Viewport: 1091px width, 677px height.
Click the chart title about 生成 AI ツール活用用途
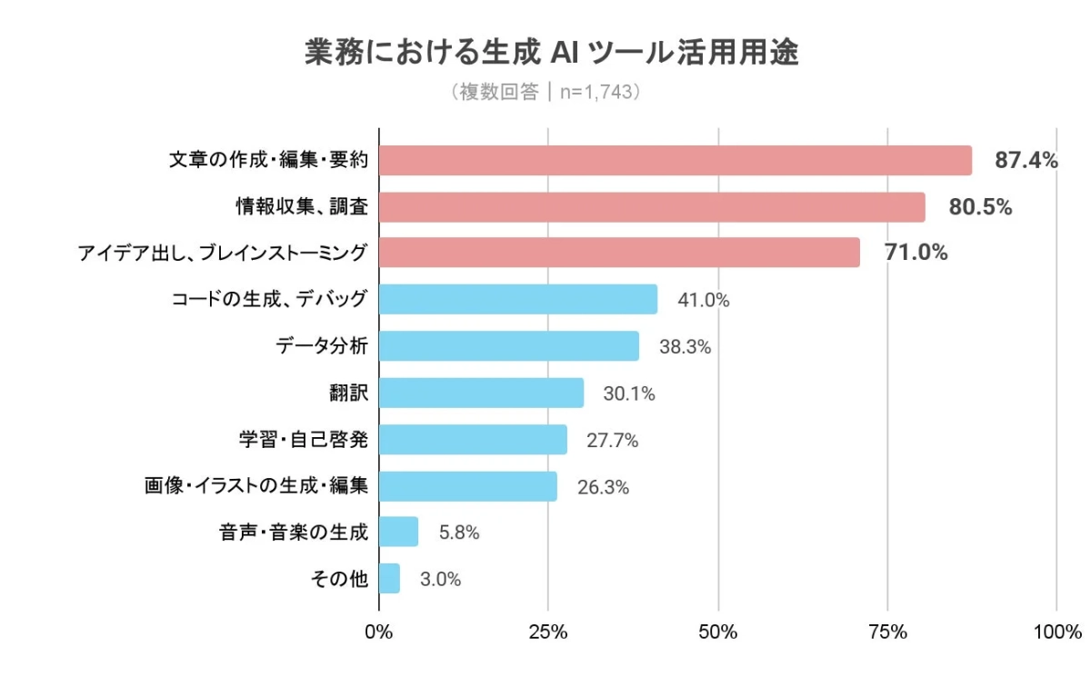point(551,54)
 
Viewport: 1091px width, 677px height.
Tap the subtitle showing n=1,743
point(545,93)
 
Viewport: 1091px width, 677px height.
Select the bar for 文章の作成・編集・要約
point(675,161)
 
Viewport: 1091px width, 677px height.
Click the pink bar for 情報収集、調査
point(651,207)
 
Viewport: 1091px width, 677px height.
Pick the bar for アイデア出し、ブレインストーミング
point(618,253)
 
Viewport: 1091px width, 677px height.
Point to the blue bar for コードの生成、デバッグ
point(517,299)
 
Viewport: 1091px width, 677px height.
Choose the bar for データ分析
point(508,346)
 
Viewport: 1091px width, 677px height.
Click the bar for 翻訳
point(481,393)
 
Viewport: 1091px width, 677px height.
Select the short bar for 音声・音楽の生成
point(398,532)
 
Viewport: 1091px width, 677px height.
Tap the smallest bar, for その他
point(389,579)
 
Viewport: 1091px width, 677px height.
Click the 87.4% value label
point(1026,161)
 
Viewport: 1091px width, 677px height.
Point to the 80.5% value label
point(980,207)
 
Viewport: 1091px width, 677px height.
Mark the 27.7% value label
point(612,441)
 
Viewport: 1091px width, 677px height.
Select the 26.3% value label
point(603,487)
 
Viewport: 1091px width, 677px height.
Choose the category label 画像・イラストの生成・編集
point(255,486)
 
